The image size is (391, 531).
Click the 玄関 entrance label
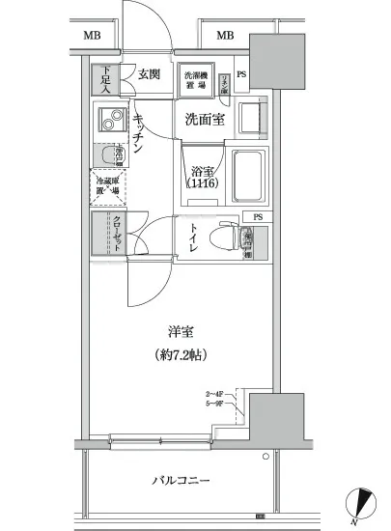[149, 73]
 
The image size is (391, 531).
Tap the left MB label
[91, 37]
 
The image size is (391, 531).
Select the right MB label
[225, 37]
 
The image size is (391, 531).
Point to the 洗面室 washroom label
[205, 120]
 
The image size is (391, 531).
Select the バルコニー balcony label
[181, 480]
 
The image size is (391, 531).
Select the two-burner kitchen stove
[111, 123]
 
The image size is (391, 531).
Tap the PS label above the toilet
[257, 217]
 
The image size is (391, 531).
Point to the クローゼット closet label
[114, 235]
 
